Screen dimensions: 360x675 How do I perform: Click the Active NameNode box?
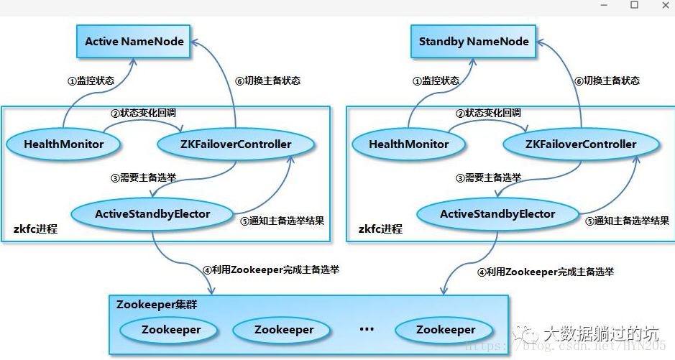pos(134,41)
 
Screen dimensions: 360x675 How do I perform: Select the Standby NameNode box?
pos(474,41)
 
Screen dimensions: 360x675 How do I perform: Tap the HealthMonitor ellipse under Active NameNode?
pos(63,144)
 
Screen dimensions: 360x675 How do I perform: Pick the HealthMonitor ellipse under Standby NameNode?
pos(408,144)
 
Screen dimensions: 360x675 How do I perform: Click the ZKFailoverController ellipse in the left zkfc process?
pos(235,144)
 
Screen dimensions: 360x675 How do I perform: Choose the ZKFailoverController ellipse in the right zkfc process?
pos(580,144)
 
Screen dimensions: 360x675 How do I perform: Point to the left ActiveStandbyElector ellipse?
pos(152,213)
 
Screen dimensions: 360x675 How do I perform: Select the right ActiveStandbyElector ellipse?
pos(497,213)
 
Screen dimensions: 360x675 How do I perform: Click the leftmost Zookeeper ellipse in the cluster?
pos(170,330)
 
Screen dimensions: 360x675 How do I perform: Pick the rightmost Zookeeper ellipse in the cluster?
pos(445,330)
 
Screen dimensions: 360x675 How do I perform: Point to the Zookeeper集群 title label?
pos(157,305)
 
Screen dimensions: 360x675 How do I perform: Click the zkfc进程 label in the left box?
pos(35,229)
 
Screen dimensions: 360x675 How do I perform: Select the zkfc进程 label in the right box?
pos(380,229)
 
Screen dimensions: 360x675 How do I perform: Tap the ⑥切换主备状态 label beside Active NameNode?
pos(267,80)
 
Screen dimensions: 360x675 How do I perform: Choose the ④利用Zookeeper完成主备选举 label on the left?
pos(270,270)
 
